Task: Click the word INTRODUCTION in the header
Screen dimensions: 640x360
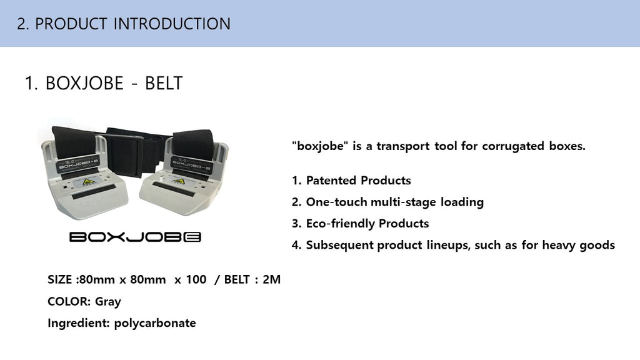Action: [x=172, y=24]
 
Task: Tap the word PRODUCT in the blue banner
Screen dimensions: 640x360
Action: [x=71, y=24]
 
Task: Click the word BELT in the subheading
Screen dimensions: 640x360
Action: [x=164, y=83]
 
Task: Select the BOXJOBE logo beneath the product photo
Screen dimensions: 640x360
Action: [x=135, y=237]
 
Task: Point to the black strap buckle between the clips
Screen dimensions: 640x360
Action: [x=123, y=153]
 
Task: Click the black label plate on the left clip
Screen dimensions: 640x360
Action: [x=78, y=164]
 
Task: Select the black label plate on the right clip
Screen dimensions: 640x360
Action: [x=192, y=165]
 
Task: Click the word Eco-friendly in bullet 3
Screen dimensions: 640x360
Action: [x=341, y=224]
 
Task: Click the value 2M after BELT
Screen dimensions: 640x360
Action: [x=271, y=279]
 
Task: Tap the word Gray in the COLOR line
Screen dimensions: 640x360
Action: [x=108, y=302]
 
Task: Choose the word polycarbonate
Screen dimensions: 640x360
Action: [x=155, y=323]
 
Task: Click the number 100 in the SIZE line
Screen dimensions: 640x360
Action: [x=196, y=279]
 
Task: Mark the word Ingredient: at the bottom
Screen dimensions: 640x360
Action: [x=79, y=323]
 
